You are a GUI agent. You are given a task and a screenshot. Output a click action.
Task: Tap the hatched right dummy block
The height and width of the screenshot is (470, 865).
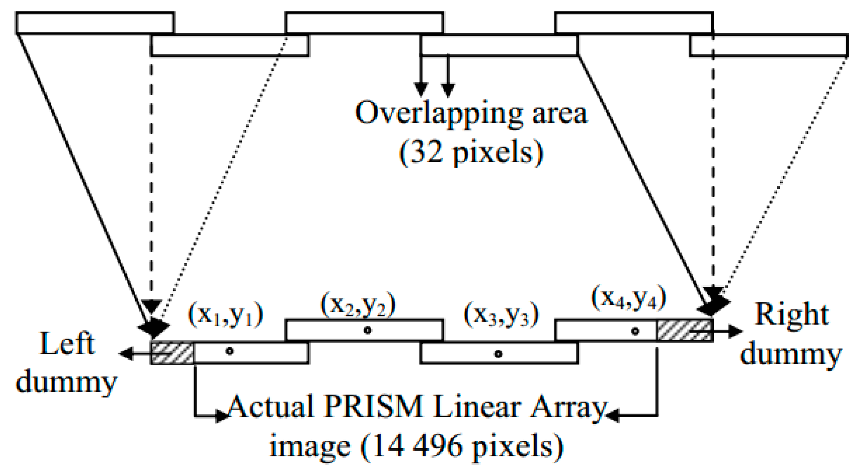click(684, 330)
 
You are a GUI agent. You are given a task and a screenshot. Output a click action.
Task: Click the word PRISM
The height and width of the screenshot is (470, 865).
click(373, 407)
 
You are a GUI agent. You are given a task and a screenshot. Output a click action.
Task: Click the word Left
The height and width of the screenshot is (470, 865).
click(67, 344)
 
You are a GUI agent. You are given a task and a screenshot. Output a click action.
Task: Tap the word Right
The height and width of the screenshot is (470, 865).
click(792, 315)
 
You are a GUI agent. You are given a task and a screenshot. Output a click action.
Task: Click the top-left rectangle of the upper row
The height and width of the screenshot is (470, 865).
click(95, 23)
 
